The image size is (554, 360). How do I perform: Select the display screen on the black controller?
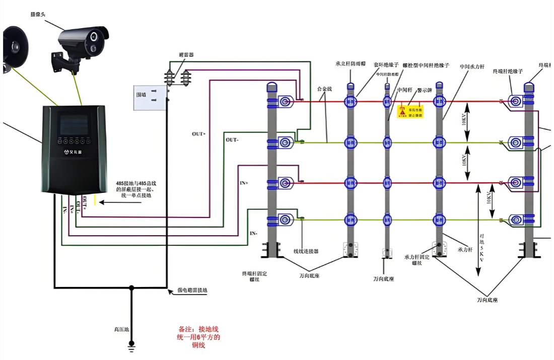coord(74,123)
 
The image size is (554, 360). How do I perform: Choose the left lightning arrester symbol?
coord(170,78)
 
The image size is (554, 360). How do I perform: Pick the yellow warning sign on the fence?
coord(411,112)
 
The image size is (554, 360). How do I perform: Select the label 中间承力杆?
coord(472,66)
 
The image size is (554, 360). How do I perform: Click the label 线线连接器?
coord(306,251)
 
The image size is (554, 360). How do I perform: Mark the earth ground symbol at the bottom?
coord(131,344)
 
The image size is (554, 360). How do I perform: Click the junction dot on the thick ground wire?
coord(131,288)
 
